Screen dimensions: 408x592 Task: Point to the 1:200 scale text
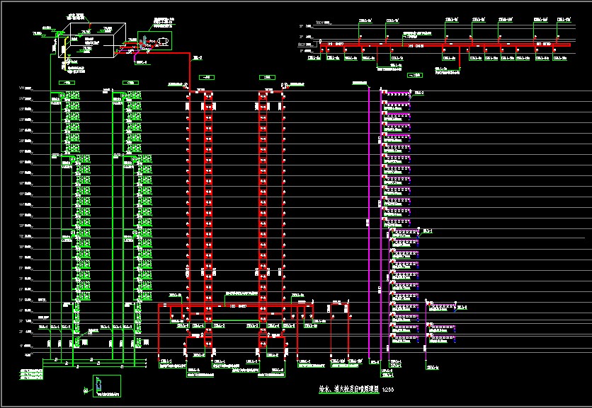coord(388,390)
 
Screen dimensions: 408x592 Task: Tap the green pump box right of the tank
coord(159,40)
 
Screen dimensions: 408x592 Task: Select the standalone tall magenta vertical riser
coord(369,219)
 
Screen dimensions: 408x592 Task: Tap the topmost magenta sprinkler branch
coord(396,93)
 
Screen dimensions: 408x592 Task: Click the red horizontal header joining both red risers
coord(234,305)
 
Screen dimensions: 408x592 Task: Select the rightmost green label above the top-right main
coord(564,21)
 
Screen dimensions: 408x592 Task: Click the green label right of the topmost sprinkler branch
coord(419,93)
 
